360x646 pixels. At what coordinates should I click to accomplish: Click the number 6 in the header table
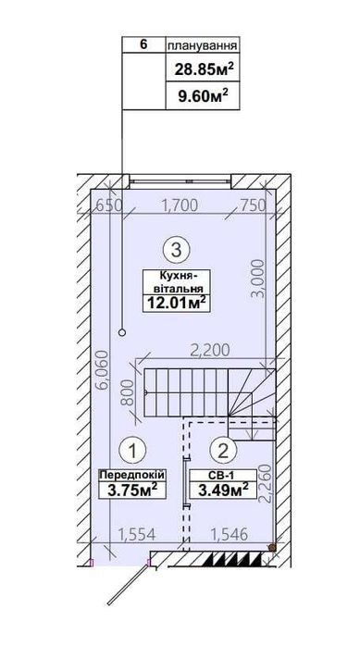[143, 44]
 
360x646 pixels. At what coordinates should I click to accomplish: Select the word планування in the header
[203, 45]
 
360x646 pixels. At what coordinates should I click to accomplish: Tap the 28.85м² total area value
[204, 68]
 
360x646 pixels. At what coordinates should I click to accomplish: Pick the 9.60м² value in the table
[204, 97]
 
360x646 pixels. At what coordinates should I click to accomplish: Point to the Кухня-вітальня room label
[176, 281]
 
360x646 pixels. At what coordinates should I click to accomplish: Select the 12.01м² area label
[176, 304]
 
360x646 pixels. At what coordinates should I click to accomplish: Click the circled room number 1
[132, 451]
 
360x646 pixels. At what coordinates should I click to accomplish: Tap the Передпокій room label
[132, 475]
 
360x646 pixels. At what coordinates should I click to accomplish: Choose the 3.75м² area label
[132, 491]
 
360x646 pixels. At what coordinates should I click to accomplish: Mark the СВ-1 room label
[222, 475]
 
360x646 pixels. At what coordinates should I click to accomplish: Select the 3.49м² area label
[223, 491]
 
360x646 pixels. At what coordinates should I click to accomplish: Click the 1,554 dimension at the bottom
[136, 535]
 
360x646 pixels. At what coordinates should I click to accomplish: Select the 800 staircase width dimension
[129, 392]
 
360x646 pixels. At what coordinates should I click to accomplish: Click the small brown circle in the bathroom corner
[272, 548]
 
